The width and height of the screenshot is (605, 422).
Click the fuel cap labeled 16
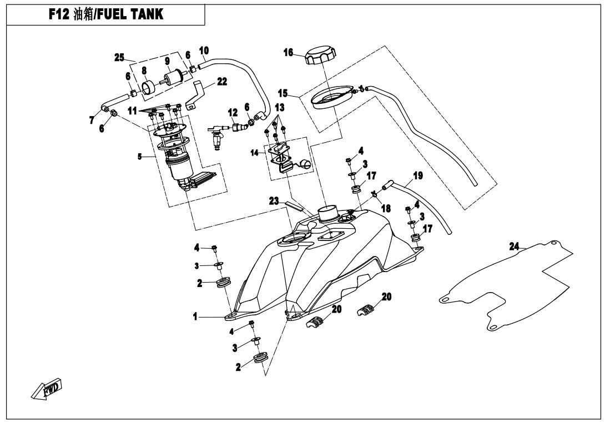321,56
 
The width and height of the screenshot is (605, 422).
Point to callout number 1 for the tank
196,316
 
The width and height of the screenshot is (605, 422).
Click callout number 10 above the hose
204,50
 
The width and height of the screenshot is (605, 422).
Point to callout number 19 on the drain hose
418,176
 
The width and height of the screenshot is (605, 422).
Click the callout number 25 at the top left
118,57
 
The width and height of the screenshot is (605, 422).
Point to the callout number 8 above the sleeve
144,71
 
